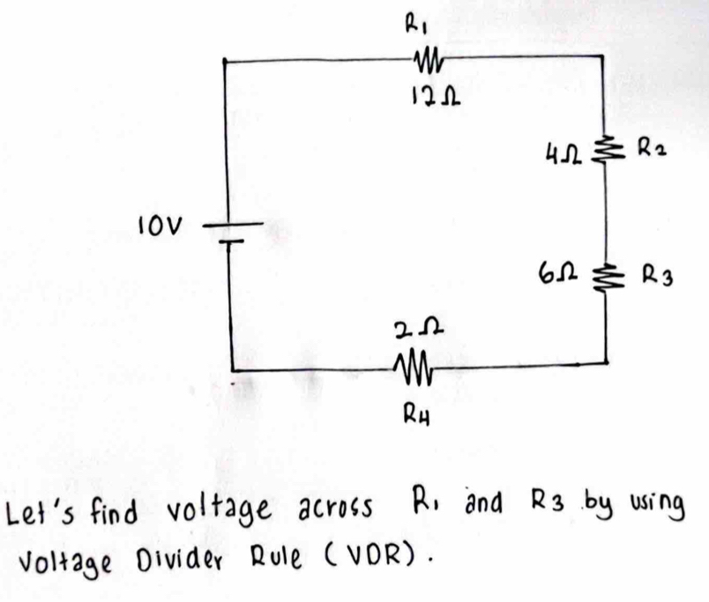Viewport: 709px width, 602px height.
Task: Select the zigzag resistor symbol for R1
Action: coord(427,60)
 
